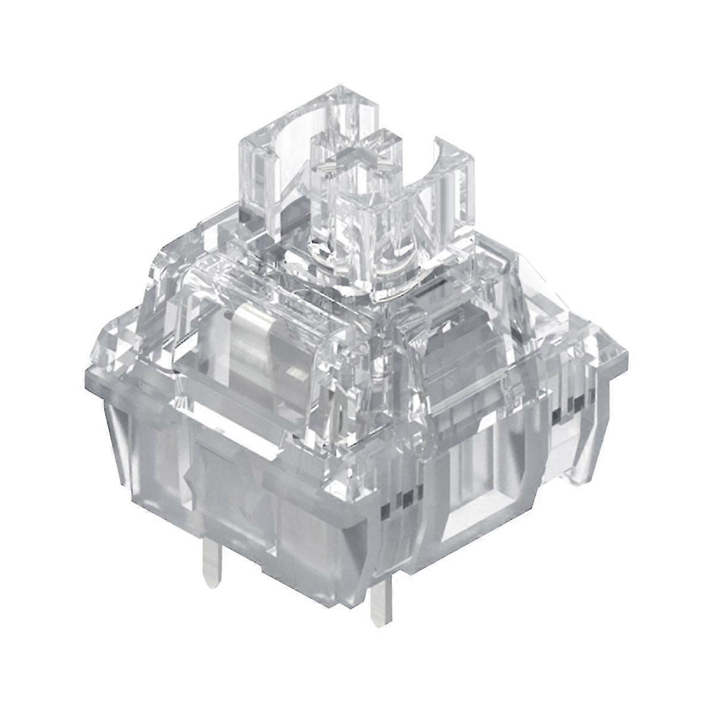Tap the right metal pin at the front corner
tap(381, 601)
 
